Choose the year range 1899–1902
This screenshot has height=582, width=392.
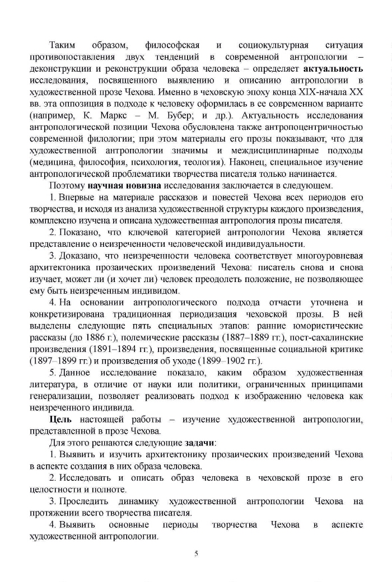coord(220,361)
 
